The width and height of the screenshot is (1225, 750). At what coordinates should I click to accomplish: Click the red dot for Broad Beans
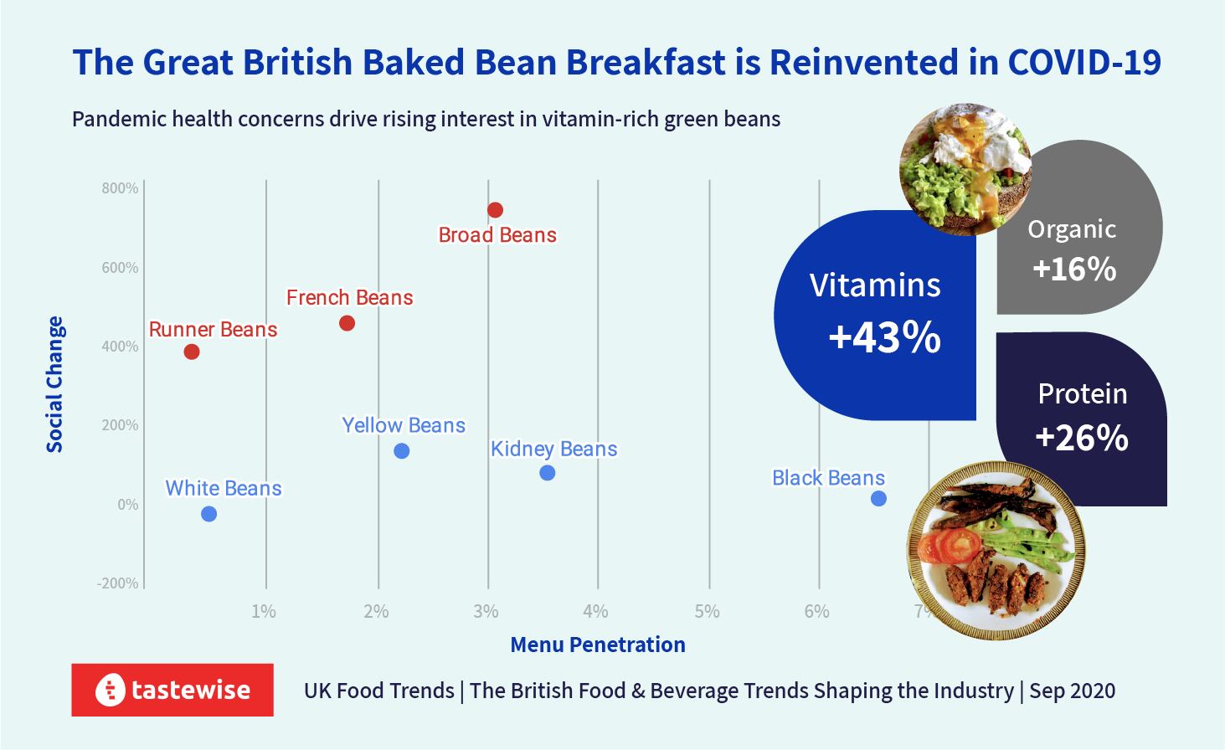click(x=495, y=210)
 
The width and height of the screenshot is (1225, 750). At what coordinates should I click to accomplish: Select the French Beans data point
click(x=347, y=323)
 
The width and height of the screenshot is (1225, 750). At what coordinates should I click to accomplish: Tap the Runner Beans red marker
click(x=192, y=352)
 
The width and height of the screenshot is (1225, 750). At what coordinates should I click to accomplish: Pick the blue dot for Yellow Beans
click(x=402, y=451)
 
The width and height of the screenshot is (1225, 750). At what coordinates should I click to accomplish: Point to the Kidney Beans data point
click(x=548, y=473)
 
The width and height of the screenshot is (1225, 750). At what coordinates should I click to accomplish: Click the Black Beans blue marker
click(x=878, y=499)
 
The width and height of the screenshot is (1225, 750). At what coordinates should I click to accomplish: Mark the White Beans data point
click(x=209, y=514)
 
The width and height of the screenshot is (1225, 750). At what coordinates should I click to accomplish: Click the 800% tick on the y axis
click(x=121, y=188)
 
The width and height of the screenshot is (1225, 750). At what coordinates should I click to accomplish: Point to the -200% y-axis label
click(x=118, y=583)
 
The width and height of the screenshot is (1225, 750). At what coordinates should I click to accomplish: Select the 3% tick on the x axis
click(x=486, y=612)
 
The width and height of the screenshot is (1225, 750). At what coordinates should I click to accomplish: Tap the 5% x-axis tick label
click(x=708, y=612)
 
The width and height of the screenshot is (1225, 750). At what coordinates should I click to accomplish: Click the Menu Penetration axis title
click(x=598, y=645)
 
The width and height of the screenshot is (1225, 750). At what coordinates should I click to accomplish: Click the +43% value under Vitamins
click(x=884, y=337)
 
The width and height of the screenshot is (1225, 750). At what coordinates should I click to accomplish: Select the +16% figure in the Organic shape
click(x=1074, y=269)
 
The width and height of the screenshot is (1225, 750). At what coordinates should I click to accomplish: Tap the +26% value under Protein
click(x=1082, y=438)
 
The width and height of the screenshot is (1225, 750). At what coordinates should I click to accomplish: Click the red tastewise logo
click(x=172, y=690)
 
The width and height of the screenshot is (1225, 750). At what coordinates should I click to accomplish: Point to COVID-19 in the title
click(x=1084, y=63)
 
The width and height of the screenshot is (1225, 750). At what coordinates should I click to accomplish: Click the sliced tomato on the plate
click(x=950, y=546)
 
